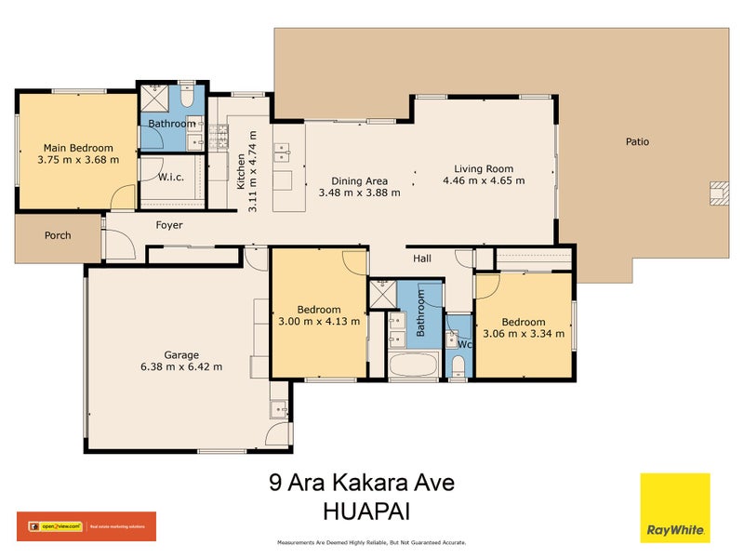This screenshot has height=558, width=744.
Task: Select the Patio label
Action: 637,142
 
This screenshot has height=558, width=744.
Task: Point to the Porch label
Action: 58,235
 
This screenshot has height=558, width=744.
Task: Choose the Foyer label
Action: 169,225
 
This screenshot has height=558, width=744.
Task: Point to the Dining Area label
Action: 360,181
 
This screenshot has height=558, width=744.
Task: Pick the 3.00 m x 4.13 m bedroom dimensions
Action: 319,322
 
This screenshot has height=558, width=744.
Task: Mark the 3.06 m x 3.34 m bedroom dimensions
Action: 523,334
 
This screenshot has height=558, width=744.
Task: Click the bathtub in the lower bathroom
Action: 412,365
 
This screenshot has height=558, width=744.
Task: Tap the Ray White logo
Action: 674,508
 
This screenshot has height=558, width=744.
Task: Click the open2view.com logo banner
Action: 86,526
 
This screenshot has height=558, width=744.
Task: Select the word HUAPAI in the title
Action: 365,511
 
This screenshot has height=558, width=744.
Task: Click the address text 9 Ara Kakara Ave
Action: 362,484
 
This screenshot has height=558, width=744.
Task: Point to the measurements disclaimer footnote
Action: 372,542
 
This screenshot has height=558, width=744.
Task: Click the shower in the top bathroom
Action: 153,99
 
